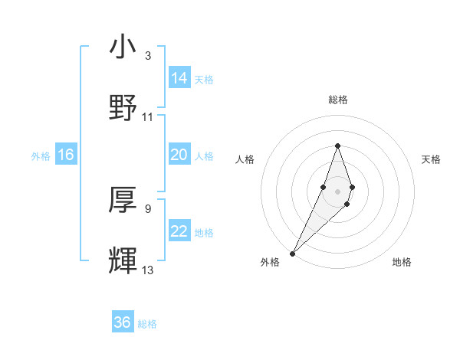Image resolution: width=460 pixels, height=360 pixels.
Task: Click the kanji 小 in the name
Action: [123, 47]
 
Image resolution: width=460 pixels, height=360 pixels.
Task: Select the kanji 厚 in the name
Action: [123, 201]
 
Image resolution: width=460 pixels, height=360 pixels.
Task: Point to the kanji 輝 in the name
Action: [123, 260]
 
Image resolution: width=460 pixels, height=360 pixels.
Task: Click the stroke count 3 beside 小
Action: [147, 56]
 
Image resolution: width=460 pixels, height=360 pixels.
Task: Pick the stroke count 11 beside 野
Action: [148, 116]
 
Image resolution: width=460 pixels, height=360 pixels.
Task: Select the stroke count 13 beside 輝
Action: [148, 270]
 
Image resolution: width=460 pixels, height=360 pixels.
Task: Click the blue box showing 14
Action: [179, 78]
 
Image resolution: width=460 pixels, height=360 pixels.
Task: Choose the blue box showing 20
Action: [179, 155]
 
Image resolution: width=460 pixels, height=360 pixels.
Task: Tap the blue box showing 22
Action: [179, 231]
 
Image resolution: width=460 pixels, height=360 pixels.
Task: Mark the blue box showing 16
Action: [66, 155]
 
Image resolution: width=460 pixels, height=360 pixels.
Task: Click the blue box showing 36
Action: [123, 322]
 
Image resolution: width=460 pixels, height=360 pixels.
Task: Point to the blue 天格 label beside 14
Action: [204, 80]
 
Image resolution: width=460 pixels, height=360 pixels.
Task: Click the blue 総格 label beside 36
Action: [147, 324]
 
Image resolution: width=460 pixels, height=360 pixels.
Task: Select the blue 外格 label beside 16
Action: [41, 156]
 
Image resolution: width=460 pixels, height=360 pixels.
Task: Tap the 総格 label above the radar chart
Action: [337, 100]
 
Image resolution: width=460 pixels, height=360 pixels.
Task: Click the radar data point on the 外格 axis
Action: [292, 252]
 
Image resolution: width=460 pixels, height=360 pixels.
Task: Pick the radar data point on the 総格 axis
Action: [337, 146]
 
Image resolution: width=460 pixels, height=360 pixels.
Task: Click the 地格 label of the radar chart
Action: [402, 262]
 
